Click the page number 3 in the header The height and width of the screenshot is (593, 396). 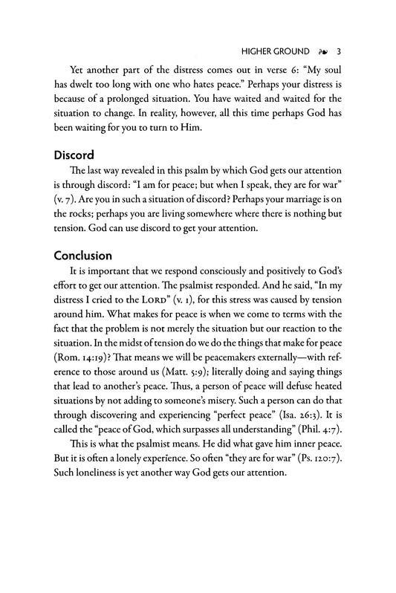(x=339, y=53)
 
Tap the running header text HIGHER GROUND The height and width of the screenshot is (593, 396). (x=275, y=53)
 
